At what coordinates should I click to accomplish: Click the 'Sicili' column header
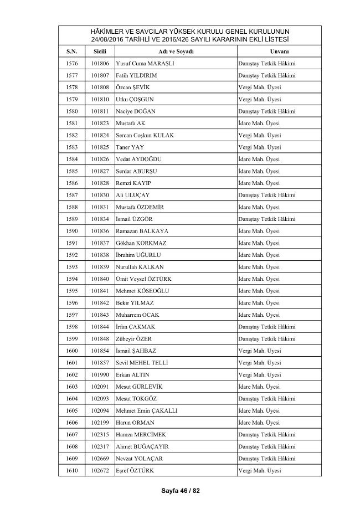tap(100, 51)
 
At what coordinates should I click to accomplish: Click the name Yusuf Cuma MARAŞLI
tap(145, 63)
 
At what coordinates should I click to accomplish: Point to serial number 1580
tap(71, 111)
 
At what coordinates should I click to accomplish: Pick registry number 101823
tap(100, 123)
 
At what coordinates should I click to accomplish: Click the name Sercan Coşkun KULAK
tap(147, 135)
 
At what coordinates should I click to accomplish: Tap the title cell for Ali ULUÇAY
tap(266, 195)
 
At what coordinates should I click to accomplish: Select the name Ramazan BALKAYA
tap(142, 231)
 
